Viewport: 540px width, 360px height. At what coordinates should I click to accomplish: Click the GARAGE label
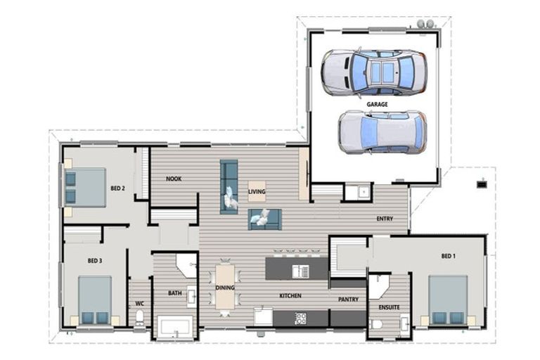click(x=376, y=104)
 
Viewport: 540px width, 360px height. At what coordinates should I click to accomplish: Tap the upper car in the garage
click(x=373, y=72)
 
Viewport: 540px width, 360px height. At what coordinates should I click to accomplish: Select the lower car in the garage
click(x=381, y=131)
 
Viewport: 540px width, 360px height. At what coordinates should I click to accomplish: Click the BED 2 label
click(x=117, y=188)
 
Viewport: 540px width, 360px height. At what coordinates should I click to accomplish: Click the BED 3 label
click(x=95, y=261)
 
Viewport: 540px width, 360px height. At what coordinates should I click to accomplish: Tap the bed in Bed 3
click(x=94, y=300)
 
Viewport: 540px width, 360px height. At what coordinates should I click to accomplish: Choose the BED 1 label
click(x=448, y=257)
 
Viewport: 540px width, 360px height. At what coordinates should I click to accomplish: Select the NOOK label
click(x=174, y=179)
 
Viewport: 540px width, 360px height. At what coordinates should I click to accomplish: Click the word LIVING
click(x=257, y=191)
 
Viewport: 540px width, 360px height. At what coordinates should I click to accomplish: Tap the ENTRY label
click(x=385, y=219)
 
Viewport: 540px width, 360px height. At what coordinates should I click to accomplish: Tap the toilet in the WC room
click(x=140, y=318)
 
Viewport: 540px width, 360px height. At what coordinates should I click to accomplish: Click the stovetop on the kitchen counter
click(x=300, y=318)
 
